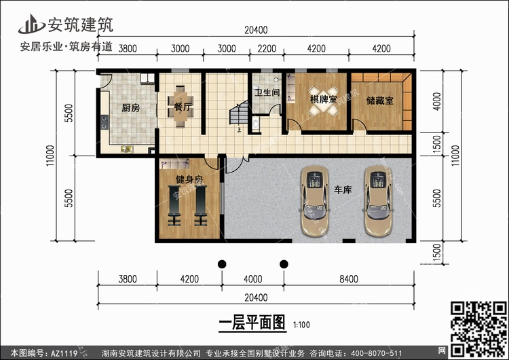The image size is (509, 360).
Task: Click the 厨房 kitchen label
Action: [x=131, y=107]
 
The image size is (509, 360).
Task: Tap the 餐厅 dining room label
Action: [x=183, y=106]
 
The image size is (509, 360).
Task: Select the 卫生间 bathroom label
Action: [x=267, y=92]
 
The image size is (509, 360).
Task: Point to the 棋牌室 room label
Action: [x=323, y=99]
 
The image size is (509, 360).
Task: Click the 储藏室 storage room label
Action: [x=380, y=101]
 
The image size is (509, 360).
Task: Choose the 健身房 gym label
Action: [x=189, y=179]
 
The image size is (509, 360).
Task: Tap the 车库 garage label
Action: [x=343, y=190]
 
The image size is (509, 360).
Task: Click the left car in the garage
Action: [x=314, y=200]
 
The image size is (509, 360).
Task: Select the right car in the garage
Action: [x=378, y=200]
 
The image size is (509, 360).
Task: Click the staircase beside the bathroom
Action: [x=239, y=113]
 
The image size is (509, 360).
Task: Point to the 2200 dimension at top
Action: [x=267, y=49]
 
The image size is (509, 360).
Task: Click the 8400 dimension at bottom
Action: [x=349, y=279]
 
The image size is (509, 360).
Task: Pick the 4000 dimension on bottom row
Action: [x=253, y=279]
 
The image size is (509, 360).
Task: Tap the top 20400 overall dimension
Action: [x=256, y=30]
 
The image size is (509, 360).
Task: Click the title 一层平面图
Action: [x=252, y=323]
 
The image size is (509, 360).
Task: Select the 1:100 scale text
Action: [x=301, y=325]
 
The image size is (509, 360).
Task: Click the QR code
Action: [x=478, y=329]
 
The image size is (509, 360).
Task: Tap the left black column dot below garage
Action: [x=222, y=264]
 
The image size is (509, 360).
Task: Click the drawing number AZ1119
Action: [x=64, y=353]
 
